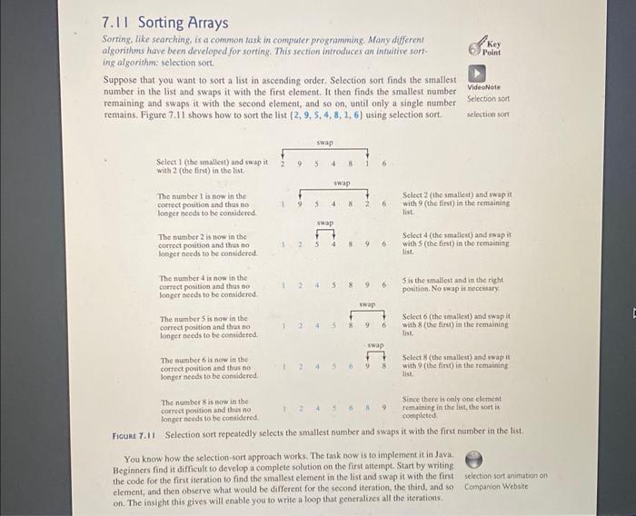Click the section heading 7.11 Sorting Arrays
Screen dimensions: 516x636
[x=165, y=23]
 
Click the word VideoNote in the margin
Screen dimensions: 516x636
[x=484, y=87]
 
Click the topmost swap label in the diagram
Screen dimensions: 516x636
[x=324, y=143]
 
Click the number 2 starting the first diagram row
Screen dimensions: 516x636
[x=282, y=164]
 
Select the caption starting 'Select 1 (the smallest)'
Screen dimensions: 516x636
[x=213, y=166]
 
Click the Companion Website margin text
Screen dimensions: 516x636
[x=495, y=485]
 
